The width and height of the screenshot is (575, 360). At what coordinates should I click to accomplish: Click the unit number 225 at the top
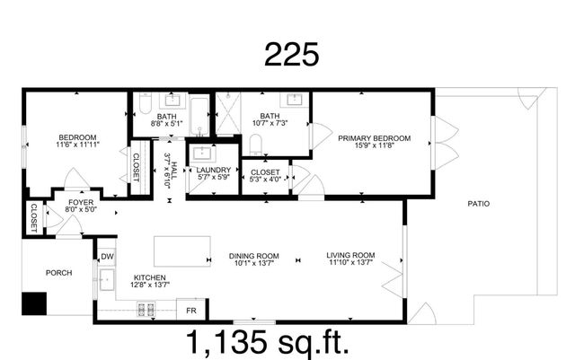click(x=291, y=55)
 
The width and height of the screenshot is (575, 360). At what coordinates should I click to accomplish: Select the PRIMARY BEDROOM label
click(x=374, y=137)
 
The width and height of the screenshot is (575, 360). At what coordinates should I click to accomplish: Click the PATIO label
click(x=478, y=204)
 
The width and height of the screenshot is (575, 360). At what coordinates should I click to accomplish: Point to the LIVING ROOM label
click(x=350, y=255)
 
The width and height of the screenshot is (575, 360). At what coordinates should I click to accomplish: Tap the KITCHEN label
click(x=150, y=277)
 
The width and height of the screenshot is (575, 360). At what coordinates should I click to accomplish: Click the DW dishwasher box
click(x=107, y=256)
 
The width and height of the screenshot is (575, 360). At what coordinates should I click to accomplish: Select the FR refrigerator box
click(x=190, y=311)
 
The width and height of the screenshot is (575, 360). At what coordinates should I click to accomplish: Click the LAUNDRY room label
click(x=214, y=170)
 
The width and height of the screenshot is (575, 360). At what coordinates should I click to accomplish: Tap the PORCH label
click(x=58, y=273)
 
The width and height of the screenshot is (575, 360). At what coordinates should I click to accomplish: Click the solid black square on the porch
click(x=34, y=304)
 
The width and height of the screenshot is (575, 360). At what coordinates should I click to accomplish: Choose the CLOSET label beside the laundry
click(x=265, y=171)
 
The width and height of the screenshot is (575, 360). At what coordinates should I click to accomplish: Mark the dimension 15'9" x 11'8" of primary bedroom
click(x=374, y=146)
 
